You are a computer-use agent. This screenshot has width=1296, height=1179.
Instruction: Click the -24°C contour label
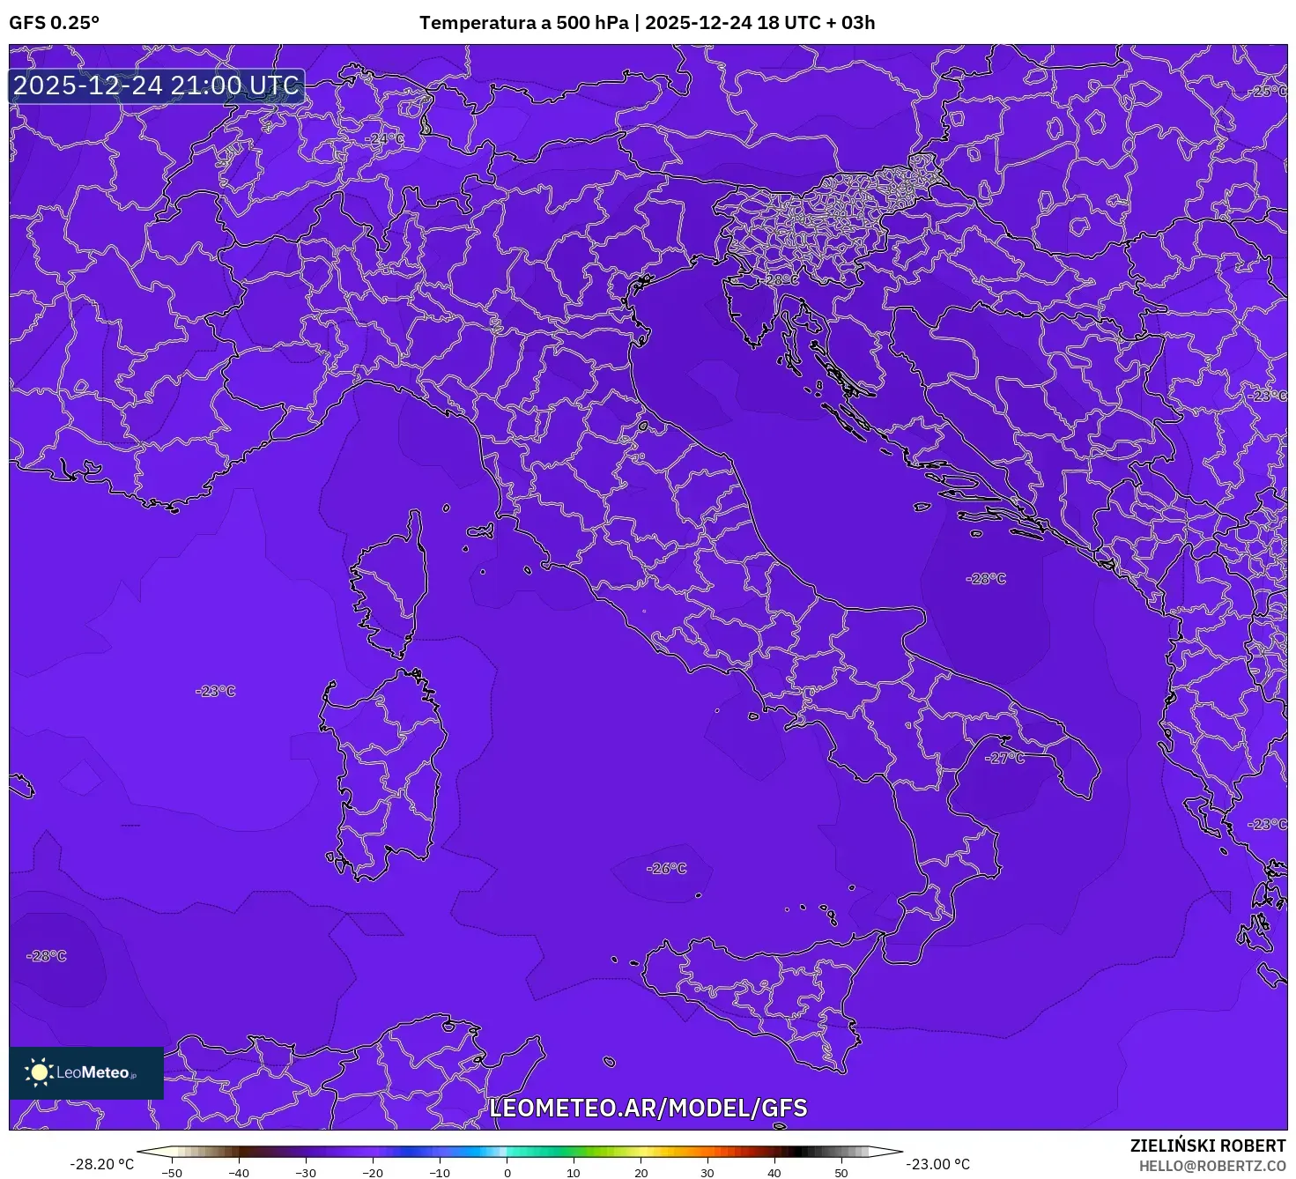point(385,139)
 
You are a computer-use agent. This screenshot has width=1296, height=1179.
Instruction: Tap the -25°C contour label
point(1269,92)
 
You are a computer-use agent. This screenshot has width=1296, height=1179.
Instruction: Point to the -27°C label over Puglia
point(1005,758)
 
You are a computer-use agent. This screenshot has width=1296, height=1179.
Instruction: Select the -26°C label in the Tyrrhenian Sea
point(667,868)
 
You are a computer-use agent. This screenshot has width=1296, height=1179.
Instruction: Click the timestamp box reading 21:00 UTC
point(157,85)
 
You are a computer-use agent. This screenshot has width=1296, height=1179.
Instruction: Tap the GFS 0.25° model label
point(54,23)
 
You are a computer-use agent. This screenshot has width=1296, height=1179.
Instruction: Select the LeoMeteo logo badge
point(86,1072)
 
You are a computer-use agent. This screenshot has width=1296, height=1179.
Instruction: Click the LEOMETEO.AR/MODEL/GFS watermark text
point(648,1108)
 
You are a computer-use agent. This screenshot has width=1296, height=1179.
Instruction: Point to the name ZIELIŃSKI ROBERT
point(1208,1146)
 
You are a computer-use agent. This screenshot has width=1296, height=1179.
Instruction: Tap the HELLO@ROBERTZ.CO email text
point(1212,1166)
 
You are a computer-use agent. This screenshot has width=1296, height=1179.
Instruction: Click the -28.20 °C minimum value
point(102,1164)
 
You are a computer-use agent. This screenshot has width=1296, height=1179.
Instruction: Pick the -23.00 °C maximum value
point(938,1164)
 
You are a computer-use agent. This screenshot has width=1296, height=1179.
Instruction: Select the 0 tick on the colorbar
point(507,1173)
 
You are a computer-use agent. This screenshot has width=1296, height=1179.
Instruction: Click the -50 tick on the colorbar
point(173,1173)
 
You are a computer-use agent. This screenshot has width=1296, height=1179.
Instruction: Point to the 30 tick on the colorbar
point(707,1173)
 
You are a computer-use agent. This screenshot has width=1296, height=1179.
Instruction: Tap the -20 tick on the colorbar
point(373,1173)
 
